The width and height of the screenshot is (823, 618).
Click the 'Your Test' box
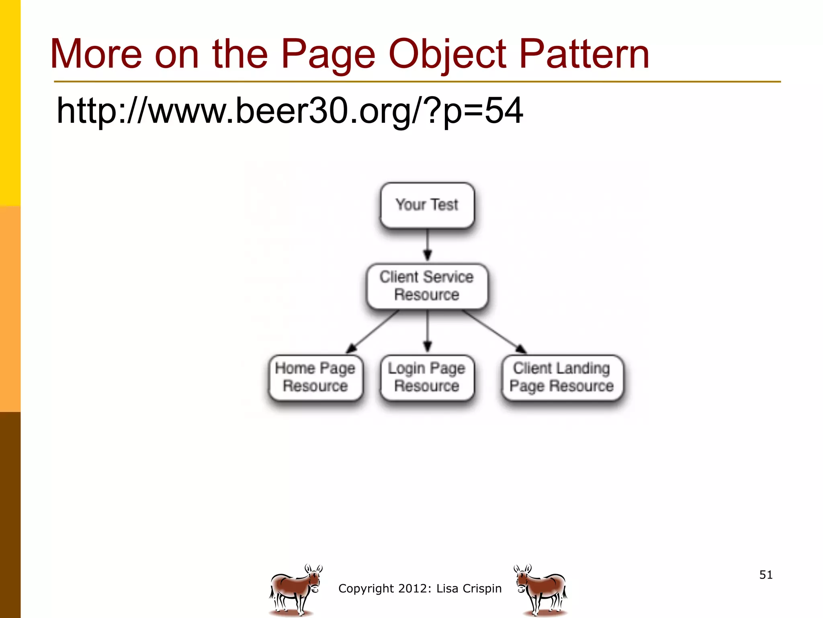427,205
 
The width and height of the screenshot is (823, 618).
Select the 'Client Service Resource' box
427,286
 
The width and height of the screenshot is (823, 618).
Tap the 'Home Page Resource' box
315,377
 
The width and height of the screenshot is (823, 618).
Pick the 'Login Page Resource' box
427,377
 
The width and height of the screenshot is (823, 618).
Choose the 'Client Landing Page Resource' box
562,377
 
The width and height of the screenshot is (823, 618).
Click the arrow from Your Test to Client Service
428,245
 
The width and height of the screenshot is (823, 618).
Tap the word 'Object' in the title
447,54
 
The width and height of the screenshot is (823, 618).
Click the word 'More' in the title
96,54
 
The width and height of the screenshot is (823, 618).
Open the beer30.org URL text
289,111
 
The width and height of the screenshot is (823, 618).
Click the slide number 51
766,575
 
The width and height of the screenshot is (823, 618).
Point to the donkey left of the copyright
295,589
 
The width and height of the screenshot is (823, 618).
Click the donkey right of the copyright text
540,589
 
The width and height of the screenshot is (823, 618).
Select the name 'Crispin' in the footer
482,589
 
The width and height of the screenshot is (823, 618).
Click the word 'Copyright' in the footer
366,589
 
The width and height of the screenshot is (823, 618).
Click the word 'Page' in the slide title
328,54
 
